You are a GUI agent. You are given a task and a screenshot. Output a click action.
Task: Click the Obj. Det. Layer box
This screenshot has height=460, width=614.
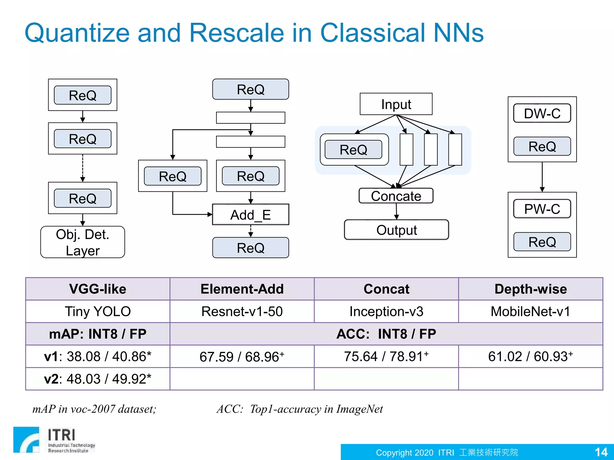pos(82,242)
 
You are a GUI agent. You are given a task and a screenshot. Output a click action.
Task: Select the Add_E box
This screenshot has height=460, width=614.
pos(250,215)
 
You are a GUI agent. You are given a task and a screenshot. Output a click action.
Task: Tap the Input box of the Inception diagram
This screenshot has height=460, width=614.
pos(396,104)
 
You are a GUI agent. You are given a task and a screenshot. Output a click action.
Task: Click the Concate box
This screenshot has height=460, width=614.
pos(396,196)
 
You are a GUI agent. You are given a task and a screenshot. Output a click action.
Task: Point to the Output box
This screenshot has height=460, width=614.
pos(396,230)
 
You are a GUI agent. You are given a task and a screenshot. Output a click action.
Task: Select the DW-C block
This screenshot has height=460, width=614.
pos(542,114)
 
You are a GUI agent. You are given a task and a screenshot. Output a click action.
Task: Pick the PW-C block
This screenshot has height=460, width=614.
pos(542,209)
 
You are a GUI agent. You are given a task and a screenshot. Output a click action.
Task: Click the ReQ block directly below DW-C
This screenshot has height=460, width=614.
pos(542,146)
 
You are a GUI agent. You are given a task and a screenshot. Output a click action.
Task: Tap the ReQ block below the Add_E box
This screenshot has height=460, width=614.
pos(250,248)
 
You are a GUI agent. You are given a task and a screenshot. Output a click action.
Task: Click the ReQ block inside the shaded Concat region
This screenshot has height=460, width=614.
pos(353,149)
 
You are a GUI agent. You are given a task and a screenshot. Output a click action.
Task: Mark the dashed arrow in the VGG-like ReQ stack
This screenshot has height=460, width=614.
pos(83,168)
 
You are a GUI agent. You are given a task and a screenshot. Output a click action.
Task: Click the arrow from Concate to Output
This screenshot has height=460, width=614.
pos(396,211)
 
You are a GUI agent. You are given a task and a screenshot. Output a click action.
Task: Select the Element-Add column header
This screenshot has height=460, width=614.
pos(242,289)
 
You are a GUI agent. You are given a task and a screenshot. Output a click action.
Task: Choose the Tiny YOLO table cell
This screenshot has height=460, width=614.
pos(98,311)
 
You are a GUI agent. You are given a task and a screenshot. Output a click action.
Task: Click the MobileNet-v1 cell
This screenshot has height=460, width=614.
pos(530,311)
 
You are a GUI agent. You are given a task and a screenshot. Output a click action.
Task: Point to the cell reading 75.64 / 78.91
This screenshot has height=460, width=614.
pos(386,356)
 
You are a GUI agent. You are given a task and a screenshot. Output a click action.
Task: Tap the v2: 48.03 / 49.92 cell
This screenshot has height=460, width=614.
pos(98,379)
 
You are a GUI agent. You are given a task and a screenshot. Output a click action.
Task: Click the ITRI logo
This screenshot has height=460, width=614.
pos(54,440)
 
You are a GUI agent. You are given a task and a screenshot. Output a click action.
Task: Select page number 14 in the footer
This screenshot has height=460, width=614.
pos(601,452)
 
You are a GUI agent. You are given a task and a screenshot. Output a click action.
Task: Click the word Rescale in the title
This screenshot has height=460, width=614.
pos(237,33)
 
